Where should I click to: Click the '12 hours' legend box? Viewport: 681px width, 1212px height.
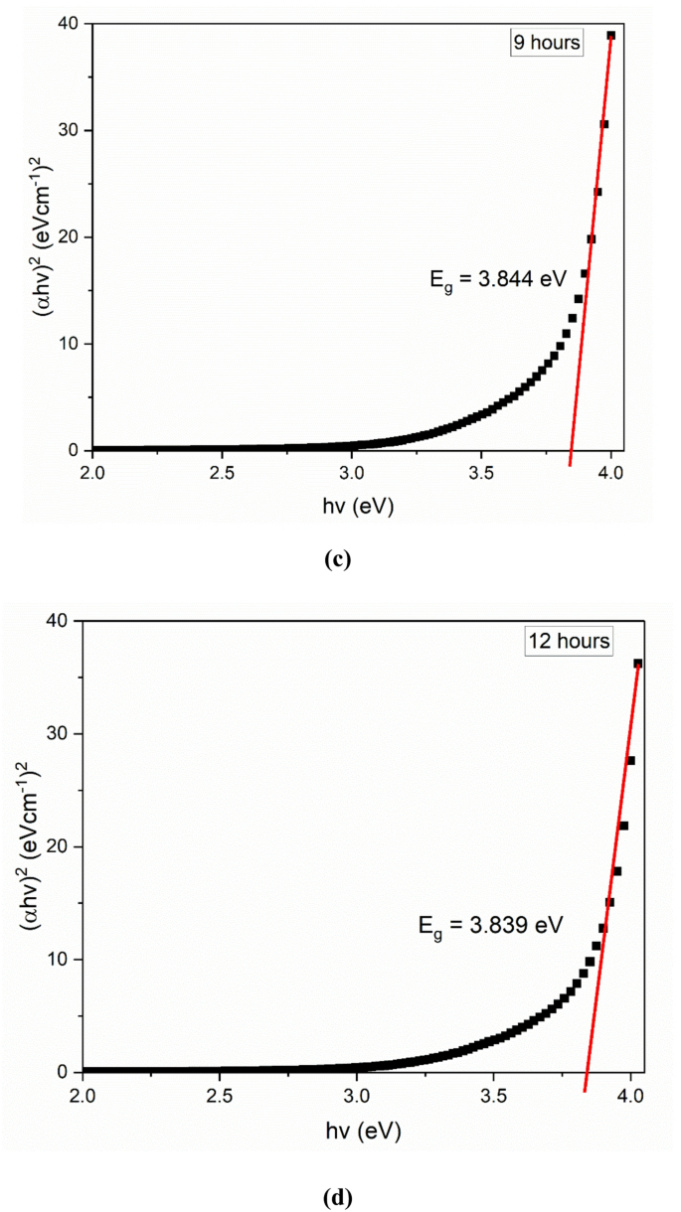pyautogui.click(x=569, y=641)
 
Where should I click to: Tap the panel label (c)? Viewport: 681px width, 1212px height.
pyautogui.click(x=338, y=558)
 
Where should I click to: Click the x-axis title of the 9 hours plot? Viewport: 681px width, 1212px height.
pyautogui.click(x=352, y=507)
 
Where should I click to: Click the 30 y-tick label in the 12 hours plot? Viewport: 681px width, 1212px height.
pyautogui.click(x=61, y=733)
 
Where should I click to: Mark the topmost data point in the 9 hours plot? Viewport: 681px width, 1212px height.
pyautogui.click(x=610, y=36)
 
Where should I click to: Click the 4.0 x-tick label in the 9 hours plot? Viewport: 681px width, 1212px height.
pyautogui.click(x=610, y=472)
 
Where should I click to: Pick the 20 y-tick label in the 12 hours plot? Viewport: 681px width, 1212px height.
pyautogui.click(x=61, y=846)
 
